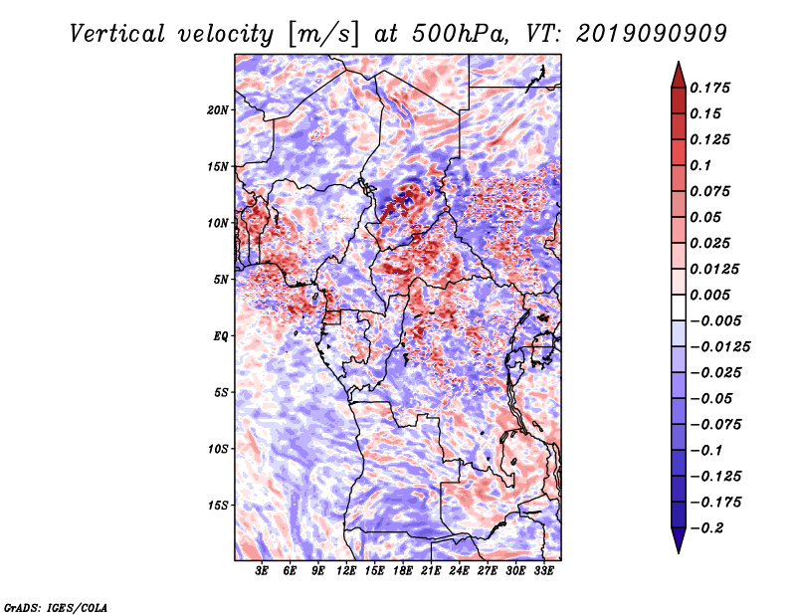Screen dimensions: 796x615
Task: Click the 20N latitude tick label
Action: coord(218,110)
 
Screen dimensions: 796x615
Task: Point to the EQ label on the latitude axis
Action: coord(221,336)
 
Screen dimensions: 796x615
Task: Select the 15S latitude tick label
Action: coord(218,506)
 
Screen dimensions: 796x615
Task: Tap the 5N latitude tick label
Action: coord(221,280)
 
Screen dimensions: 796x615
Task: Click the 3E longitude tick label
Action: coord(262,571)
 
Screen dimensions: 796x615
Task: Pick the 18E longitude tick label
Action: coord(403,571)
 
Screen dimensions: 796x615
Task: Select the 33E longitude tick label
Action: coord(543,571)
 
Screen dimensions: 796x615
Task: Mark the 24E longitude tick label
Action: coord(459,571)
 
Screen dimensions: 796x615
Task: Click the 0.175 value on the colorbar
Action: coord(709,88)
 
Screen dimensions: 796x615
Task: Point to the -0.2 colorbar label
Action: coord(706,528)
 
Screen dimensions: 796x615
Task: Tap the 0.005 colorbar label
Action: coord(709,295)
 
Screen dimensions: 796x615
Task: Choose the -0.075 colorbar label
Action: coord(715,425)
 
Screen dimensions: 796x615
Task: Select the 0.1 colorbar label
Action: coord(700,165)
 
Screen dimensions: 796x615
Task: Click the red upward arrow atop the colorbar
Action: coord(679,76)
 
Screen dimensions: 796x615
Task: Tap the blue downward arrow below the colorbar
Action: coord(679,539)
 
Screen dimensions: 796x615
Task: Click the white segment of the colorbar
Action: coord(679,307)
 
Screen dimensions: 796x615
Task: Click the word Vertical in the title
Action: coord(117,34)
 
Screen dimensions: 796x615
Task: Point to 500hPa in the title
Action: coord(460,34)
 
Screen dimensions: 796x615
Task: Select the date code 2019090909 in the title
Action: coord(652,34)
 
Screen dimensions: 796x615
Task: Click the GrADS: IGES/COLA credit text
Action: coord(56,608)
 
